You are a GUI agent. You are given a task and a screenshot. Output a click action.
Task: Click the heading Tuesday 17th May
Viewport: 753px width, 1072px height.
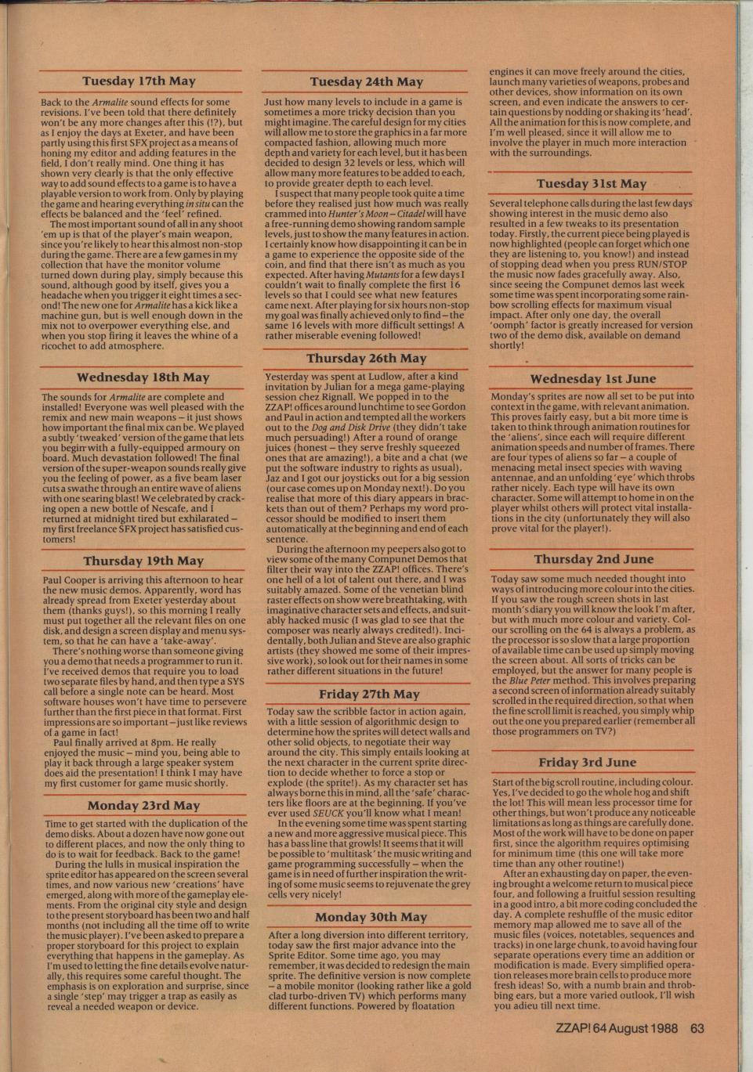coord(139,81)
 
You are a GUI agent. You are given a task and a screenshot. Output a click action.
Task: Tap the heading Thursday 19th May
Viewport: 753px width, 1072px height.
coord(143,561)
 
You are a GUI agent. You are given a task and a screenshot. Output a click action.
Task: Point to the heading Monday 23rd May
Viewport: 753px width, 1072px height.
coord(143,805)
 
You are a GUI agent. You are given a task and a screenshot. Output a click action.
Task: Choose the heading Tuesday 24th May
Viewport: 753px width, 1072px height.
coord(366,81)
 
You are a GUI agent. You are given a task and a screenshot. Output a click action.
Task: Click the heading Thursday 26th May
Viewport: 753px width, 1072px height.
coord(366,358)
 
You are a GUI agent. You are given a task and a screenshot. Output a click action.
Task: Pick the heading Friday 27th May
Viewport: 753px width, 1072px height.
coord(369,694)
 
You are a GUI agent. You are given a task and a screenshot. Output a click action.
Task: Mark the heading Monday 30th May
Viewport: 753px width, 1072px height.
coord(371,917)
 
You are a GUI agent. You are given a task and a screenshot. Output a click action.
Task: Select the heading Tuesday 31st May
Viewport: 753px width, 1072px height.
coord(592,183)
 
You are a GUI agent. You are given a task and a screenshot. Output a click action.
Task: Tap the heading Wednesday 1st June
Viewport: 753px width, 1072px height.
coord(593,379)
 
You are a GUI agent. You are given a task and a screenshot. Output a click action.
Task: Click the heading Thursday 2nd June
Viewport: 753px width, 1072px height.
coord(593,559)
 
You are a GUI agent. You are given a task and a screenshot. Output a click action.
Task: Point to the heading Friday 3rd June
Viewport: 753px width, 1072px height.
coord(587,762)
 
